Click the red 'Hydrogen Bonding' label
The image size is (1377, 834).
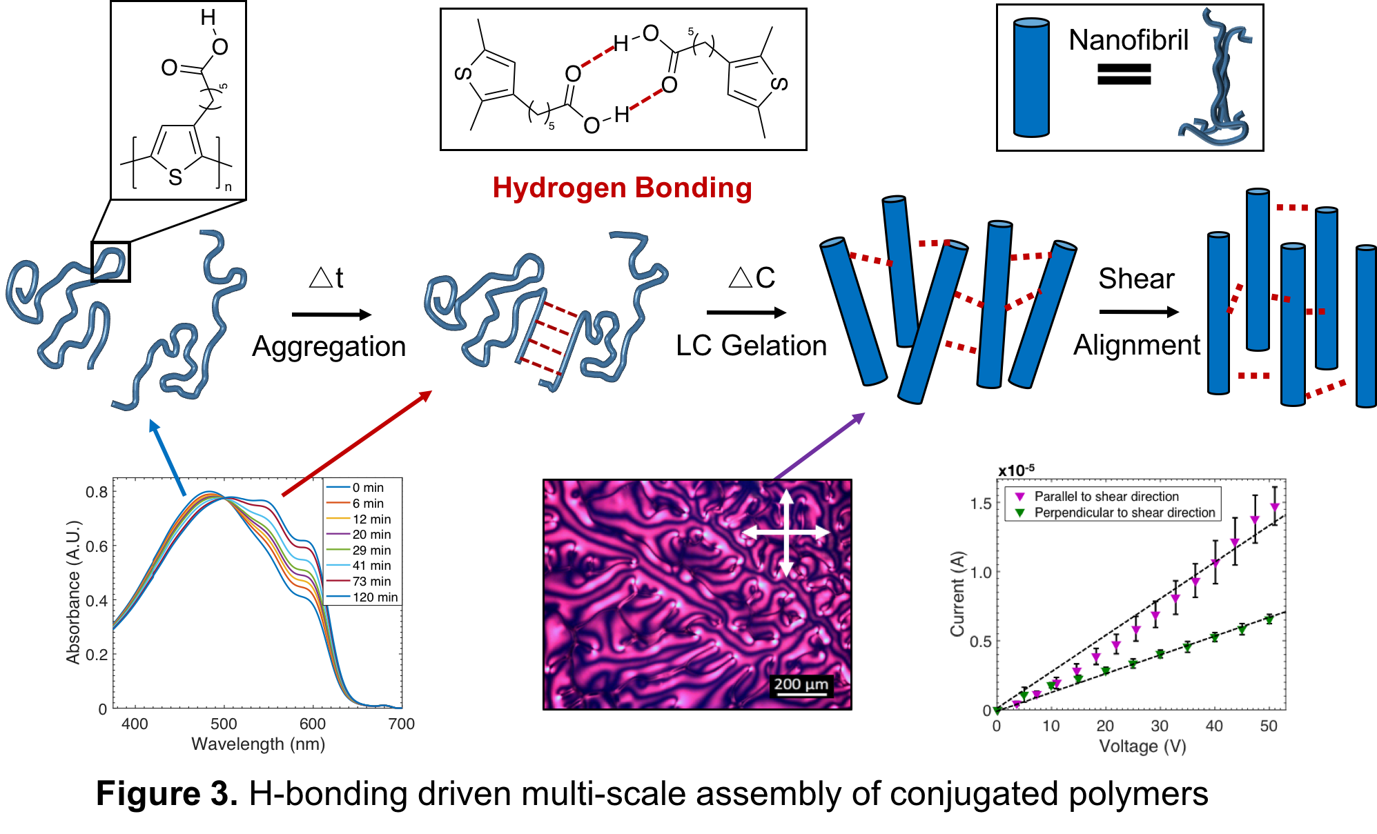622,188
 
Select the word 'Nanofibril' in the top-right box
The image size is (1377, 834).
1129,40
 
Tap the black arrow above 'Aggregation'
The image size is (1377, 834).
331,315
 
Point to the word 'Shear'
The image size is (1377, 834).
1136,279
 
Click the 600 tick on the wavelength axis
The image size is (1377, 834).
313,724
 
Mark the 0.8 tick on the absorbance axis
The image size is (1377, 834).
97,492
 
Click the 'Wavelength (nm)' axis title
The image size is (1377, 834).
258,744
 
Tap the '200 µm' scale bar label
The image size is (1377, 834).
801,684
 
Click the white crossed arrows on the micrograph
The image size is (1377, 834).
785,533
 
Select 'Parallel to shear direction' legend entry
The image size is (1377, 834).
1106,497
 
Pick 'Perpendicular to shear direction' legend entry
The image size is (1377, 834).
1124,513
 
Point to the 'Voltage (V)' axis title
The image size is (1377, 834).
1142,746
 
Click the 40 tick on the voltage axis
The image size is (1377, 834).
1214,726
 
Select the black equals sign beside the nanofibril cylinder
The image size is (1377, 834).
1124,74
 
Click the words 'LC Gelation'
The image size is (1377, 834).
751,346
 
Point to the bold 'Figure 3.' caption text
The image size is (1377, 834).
166,793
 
